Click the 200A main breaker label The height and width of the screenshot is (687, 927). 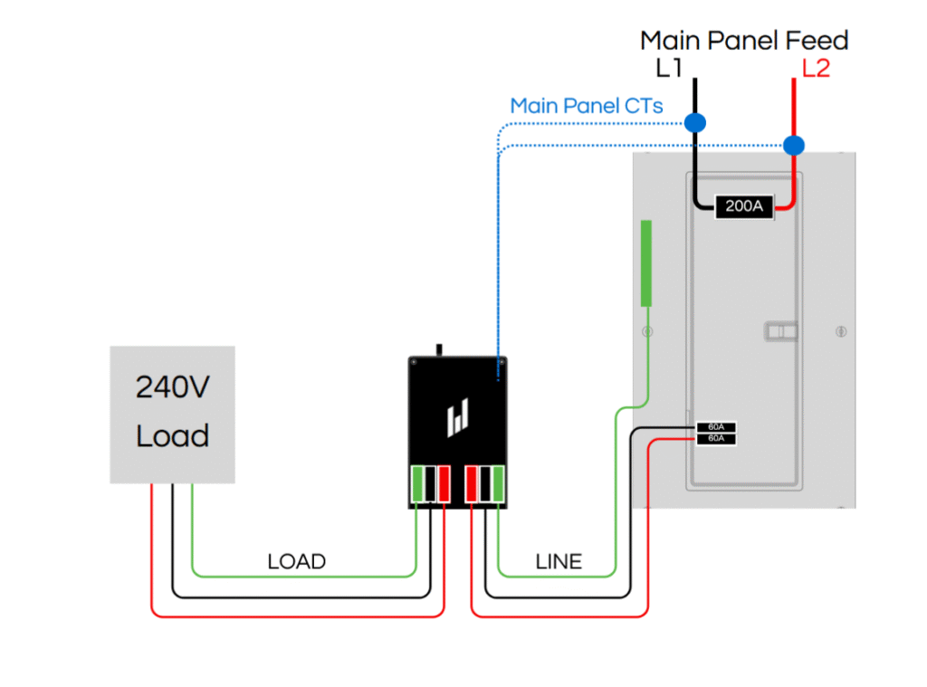[744, 206]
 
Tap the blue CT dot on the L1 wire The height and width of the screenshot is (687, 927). [694, 122]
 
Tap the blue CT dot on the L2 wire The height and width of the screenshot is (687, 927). [794, 145]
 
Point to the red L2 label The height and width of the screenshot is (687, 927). [816, 68]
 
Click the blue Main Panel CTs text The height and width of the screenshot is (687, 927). [587, 106]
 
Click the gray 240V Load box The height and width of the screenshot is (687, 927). [172, 414]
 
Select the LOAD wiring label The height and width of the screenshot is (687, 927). [296, 562]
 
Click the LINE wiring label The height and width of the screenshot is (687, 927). [559, 562]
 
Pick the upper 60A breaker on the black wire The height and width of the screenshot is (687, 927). [716, 427]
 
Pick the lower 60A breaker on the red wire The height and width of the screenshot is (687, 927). [716, 439]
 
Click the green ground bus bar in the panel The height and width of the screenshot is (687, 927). [646, 262]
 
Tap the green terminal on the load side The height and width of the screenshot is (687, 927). [419, 482]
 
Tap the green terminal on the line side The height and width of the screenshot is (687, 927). [498, 482]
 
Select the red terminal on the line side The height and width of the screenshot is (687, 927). [472, 482]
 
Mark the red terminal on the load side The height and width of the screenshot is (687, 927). [444, 482]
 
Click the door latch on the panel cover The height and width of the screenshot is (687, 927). [781, 330]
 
